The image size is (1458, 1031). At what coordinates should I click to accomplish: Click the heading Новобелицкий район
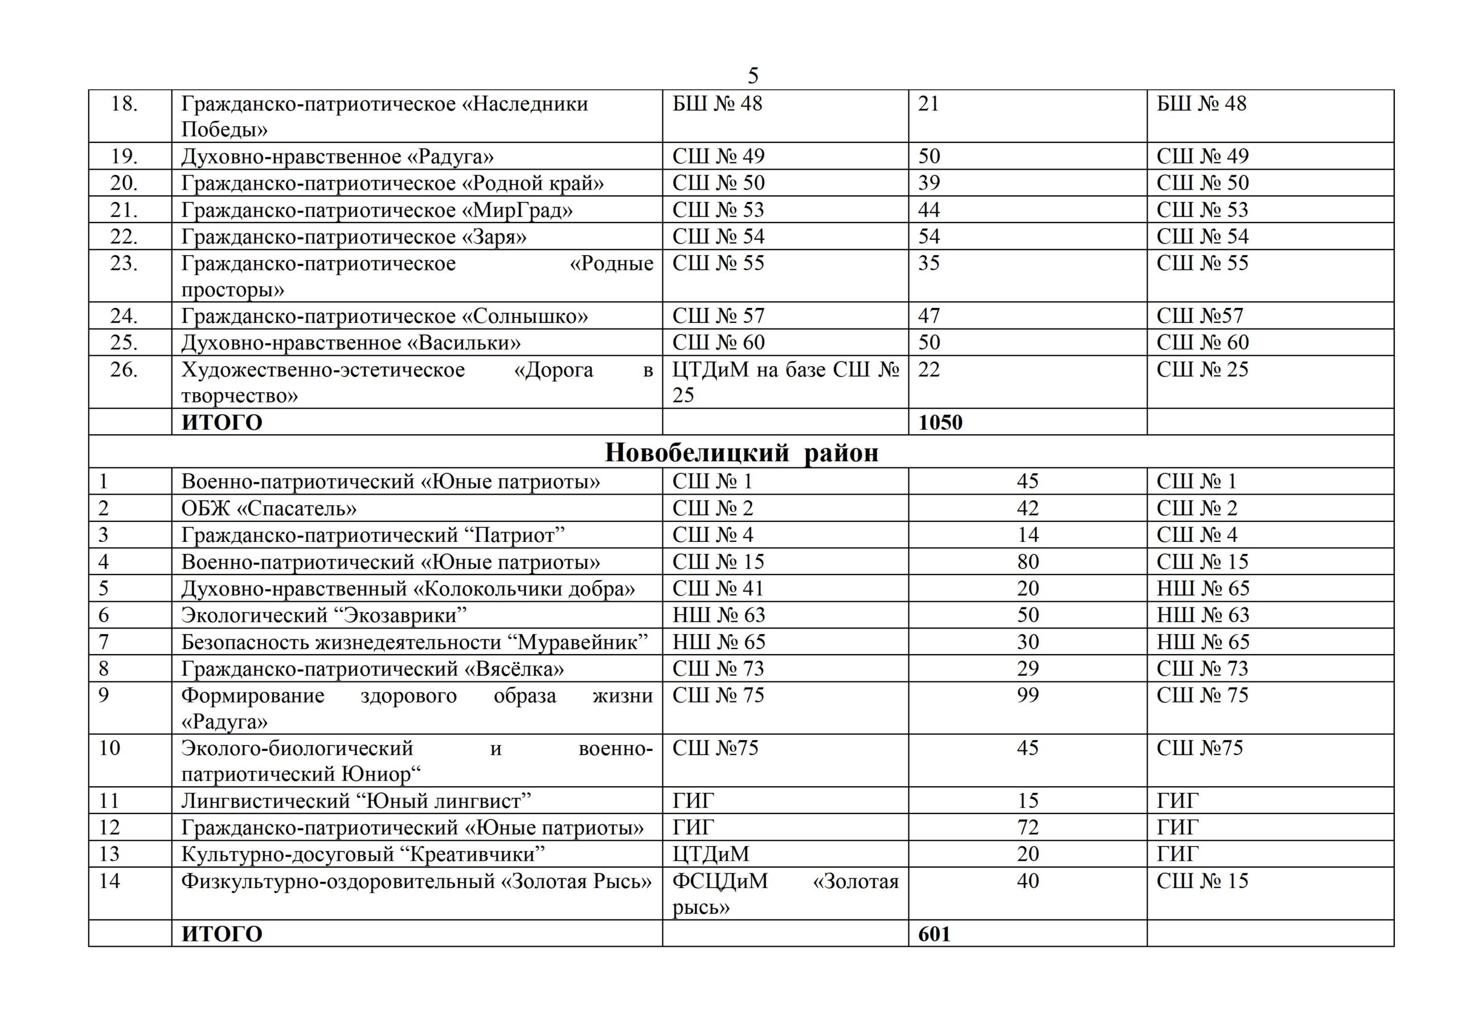[741, 453]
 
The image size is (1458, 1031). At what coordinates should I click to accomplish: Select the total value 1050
[940, 423]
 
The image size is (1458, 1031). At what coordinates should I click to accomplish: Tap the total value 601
[934, 934]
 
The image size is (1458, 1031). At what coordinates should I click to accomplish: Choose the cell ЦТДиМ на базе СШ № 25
[785, 382]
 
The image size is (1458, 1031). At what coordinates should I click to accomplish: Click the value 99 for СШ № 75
[1027, 695]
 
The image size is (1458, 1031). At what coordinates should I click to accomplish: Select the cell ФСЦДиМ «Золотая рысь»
[785, 894]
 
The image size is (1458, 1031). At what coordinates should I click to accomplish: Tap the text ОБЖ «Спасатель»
[269, 508]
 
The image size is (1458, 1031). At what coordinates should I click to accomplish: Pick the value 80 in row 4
[1027, 562]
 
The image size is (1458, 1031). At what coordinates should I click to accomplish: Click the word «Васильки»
[464, 343]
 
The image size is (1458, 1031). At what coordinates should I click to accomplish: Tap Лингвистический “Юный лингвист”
[355, 801]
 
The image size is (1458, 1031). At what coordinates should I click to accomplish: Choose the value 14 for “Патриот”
[1027, 535]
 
